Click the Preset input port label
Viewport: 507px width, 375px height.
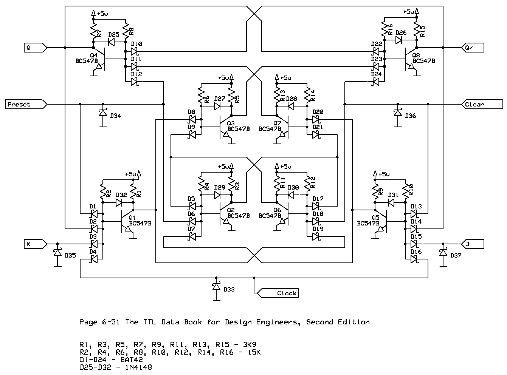pyautogui.click(x=19, y=104)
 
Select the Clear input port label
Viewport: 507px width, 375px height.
pyautogui.click(x=474, y=104)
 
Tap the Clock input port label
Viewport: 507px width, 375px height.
pyautogui.click(x=287, y=293)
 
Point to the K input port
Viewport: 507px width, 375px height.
pyautogui.click(x=36, y=244)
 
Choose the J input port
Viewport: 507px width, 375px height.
pyautogui.click(x=473, y=244)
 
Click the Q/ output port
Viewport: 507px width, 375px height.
pyautogui.click(x=473, y=48)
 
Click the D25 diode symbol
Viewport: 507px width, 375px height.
pyautogui.click(x=111, y=42)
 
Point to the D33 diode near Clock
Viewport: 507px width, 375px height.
pyautogui.click(x=216, y=286)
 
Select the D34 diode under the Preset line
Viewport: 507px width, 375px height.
pyautogui.click(x=103, y=113)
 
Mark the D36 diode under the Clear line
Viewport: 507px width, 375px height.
pyautogui.click(x=398, y=113)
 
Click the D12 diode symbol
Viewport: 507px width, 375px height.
pyautogui.click(x=135, y=82)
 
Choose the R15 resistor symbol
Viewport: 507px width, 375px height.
pyautogui.click(x=417, y=30)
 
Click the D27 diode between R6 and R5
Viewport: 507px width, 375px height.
pyautogui.click(x=217, y=106)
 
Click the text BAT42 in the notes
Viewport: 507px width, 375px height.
pyautogui.click(x=132, y=360)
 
